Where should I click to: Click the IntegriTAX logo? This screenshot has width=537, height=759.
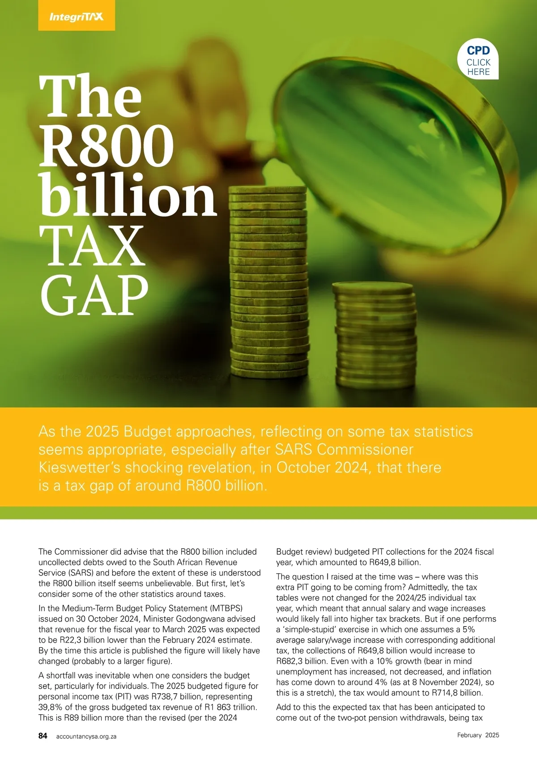tap(76, 17)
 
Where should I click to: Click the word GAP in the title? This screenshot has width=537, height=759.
tap(94, 295)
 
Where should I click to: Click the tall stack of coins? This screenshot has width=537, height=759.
tap(268, 282)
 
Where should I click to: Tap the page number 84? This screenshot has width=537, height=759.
tap(43, 736)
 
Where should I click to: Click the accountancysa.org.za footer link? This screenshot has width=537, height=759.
tap(86, 736)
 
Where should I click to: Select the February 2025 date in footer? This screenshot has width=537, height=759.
tap(478, 735)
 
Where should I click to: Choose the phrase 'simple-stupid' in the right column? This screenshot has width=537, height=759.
tap(309, 629)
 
